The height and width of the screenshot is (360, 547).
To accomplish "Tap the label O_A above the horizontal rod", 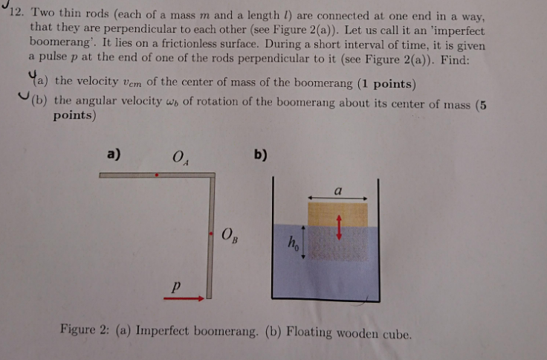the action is [178, 157].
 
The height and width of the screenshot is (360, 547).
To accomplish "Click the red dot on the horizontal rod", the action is [157, 176].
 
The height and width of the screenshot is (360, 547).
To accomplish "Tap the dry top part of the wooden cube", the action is [338, 214].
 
